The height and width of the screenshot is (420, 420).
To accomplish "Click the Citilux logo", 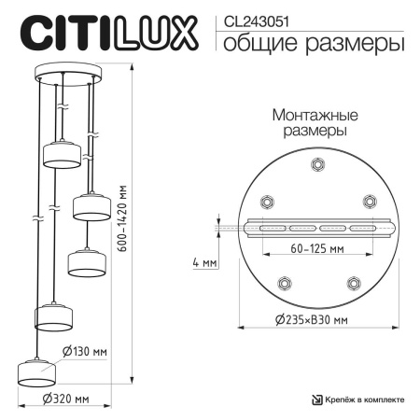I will pyautogui.click(x=109, y=33).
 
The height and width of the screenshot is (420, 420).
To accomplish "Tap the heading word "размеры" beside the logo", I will pyautogui.click(x=359, y=43).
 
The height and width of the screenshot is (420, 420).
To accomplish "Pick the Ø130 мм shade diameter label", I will pyautogui.click(x=84, y=351).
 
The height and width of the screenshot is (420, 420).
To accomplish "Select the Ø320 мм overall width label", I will pyautogui.click(x=66, y=399).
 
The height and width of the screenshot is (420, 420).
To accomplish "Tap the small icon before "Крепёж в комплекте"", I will pyautogui.click(x=318, y=399).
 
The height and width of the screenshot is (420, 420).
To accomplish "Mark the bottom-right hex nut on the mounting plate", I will pyautogui.click(x=353, y=283).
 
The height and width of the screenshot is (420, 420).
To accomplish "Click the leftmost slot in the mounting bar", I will pyautogui.click(x=272, y=229).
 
